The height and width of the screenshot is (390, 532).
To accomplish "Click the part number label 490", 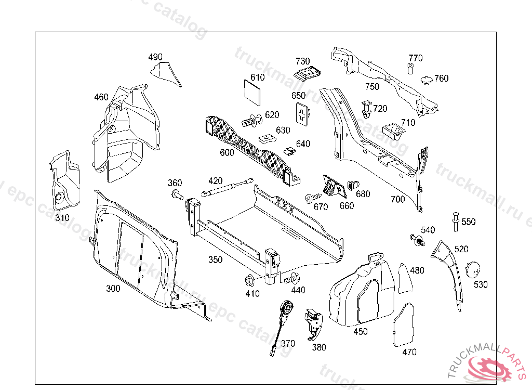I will click(x=155, y=57).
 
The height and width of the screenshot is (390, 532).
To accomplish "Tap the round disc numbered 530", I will click(x=473, y=269).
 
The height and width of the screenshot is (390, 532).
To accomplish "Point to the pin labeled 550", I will click(x=456, y=220).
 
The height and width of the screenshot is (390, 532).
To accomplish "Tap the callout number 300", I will click(x=113, y=289).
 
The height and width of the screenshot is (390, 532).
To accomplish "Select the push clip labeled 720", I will click(x=367, y=108).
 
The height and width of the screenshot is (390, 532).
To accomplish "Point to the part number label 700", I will click(x=397, y=199).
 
